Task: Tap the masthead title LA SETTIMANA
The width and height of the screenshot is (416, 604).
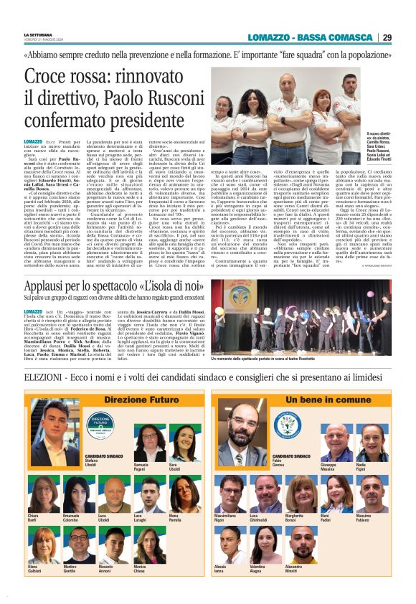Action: pos(37,34)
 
